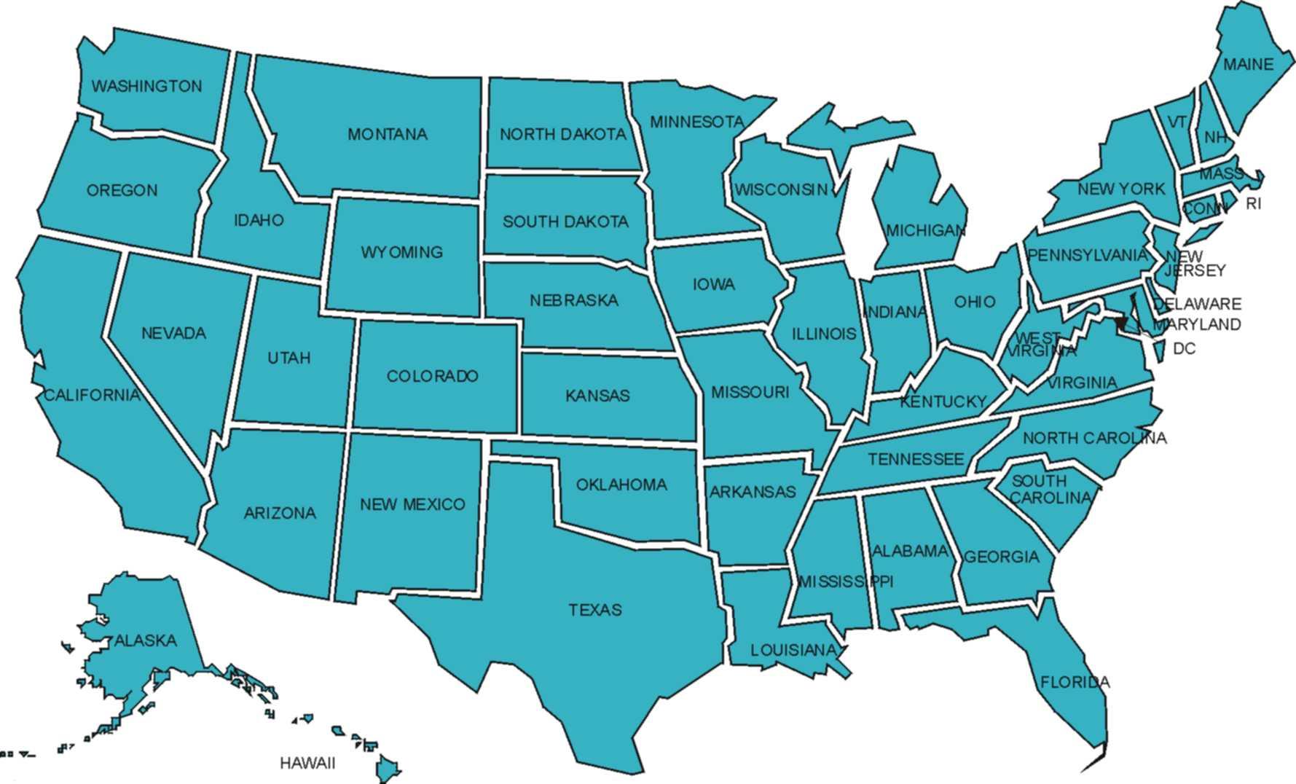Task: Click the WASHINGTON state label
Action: (146, 86)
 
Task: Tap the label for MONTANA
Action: (387, 134)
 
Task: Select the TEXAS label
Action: (595, 610)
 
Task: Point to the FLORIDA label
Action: (1075, 683)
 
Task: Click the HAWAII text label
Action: (307, 763)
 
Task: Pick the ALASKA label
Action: (146, 640)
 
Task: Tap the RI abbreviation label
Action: (1253, 204)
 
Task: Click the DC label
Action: (1184, 349)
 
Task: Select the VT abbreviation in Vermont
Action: (1177, 122)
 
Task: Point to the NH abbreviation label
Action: (1214, 138)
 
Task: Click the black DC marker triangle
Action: (1120, 322)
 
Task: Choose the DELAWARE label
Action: (1197, 304)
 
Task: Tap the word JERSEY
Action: (1195, 270)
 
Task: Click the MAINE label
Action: (1248, 64)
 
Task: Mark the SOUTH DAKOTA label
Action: (565, 222)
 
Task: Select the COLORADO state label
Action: (432, 376)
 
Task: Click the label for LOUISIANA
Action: (793, 650)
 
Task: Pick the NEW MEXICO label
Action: (412, 504)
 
